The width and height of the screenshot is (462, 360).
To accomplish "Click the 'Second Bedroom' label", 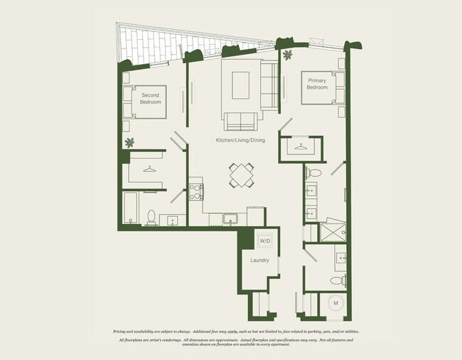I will point(150,98).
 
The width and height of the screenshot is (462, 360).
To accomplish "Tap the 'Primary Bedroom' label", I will point(316,83).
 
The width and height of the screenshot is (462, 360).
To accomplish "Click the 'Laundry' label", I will point(259,260).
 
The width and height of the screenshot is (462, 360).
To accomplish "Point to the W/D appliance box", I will point(264,240).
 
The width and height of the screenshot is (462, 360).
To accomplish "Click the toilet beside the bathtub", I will point(151,216).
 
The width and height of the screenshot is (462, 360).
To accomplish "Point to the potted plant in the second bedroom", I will point(129,142).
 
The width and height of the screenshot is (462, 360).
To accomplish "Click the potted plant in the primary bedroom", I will point(286,55).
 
